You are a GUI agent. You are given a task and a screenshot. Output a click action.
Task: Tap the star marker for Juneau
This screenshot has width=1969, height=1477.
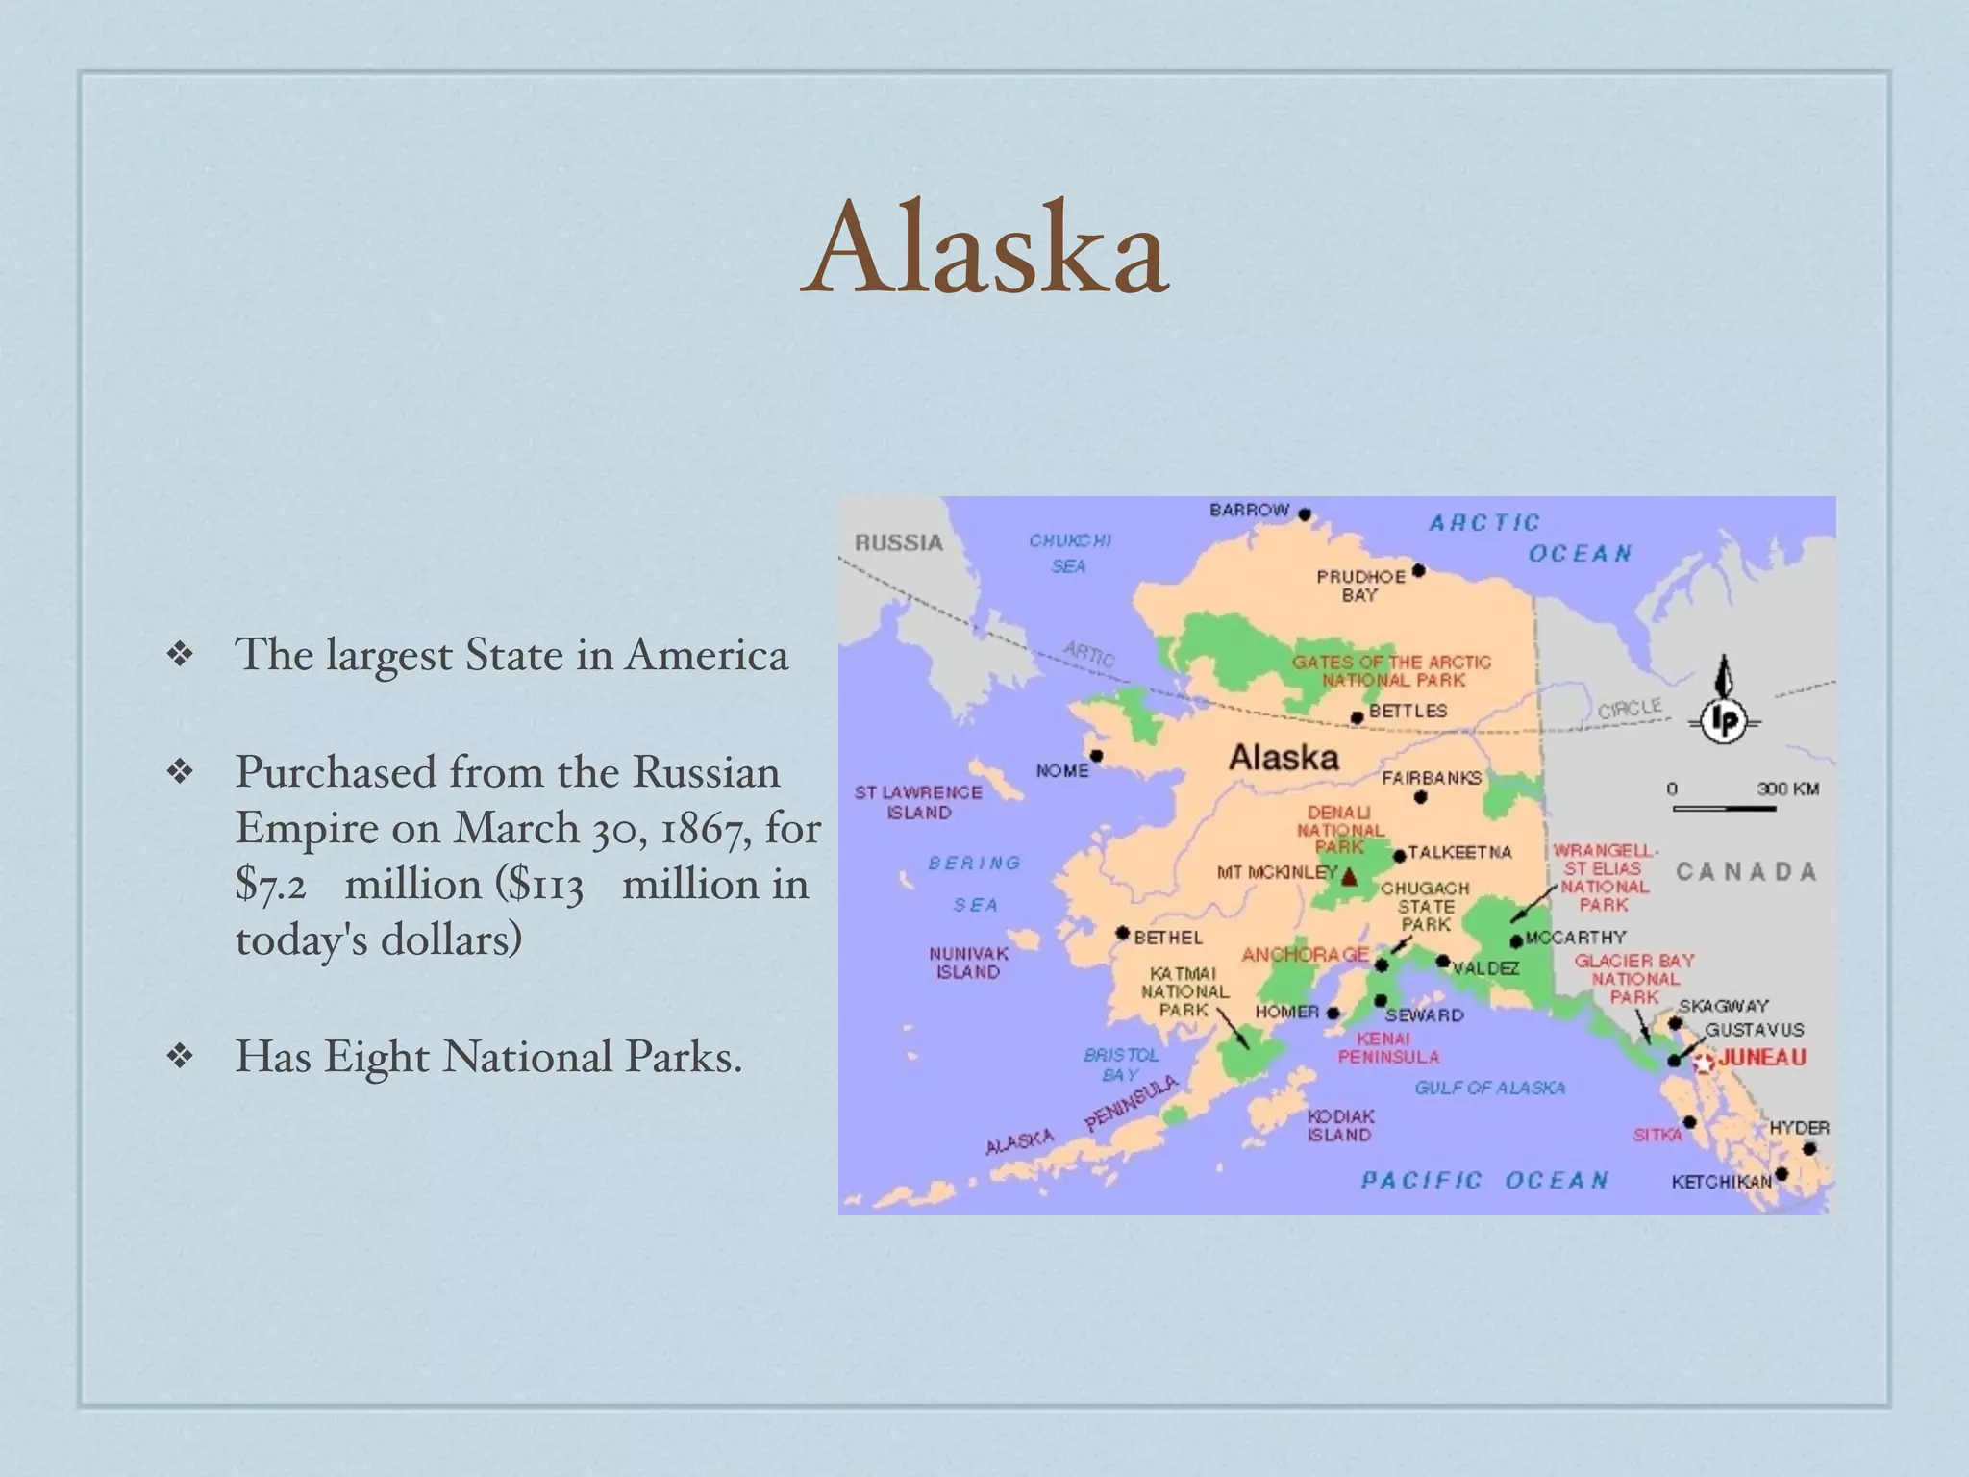click(x=1704, y=1062)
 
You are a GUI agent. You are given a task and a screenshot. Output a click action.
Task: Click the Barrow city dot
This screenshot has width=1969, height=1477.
click(x=1305, y=514)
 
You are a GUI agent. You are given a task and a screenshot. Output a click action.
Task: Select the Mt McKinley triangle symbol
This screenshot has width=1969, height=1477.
click(x=1349, y=876)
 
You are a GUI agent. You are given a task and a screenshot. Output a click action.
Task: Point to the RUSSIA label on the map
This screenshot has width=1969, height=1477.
click(x=899, y=542)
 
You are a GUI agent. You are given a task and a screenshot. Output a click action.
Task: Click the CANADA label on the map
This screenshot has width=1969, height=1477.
click(x=1746, y=871)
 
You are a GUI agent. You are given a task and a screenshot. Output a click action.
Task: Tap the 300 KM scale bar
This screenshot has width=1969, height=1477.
click(x=1724, y=808)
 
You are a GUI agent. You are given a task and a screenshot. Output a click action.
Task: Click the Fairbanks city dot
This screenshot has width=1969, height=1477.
click(x=1420, y=796)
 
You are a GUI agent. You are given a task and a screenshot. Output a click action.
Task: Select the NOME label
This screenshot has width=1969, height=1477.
click(x=1062, y=770)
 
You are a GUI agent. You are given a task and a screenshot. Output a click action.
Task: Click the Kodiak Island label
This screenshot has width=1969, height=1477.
click(x=1340, y=1125)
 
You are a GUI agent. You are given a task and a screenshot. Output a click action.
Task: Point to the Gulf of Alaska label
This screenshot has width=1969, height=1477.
click(x=1489, y=1088)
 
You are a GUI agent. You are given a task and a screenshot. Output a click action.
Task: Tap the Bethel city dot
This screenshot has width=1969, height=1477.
click(x=1122, y=933)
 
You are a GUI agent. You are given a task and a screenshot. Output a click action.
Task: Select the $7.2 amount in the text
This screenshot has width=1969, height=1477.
click(x=271, y=884)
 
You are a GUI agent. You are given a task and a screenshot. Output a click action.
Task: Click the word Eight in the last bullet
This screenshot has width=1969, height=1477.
click(x=377, y=1056)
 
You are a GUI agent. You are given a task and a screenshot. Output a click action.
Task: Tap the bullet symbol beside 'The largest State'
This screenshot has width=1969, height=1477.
click(x=180, y=655)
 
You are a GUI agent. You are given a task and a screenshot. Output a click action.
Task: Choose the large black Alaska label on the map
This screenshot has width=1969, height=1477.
click(x=1284, y=757)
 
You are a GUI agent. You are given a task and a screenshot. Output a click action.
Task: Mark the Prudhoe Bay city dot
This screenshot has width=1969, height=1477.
click(x=1418, y=571)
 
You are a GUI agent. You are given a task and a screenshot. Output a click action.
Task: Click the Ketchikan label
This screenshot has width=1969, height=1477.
click(x=1720, y=1181)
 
